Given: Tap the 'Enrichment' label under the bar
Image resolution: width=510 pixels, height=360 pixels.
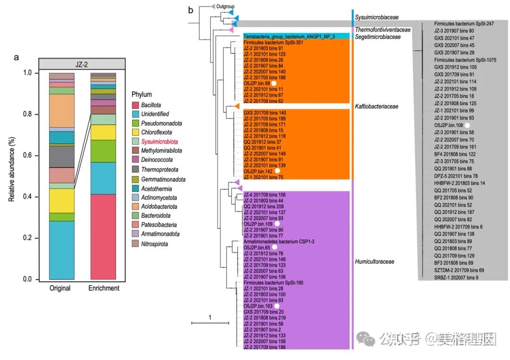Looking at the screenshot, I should tap(103, 288).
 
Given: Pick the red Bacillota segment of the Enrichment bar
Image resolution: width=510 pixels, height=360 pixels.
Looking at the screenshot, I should tap(103, 236).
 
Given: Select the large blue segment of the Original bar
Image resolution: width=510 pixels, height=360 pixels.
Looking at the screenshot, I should tap(62, 250).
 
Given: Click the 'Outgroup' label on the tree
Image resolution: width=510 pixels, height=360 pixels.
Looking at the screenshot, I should tap(225, 6).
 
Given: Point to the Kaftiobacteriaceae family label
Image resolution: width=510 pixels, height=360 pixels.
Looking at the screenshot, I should tap(376, 107).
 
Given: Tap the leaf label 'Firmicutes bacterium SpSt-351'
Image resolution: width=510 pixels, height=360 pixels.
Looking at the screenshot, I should tap(273, 42).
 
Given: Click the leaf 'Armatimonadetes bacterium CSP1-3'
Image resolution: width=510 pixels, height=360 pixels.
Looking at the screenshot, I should tap(279, 241).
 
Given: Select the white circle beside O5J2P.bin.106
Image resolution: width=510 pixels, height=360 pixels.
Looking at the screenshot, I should tap(467, 125).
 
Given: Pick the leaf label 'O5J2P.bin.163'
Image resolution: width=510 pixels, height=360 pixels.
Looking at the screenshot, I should tap(257, 306).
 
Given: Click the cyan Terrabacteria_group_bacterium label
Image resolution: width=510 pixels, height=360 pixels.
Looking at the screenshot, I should tap(289, 36).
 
